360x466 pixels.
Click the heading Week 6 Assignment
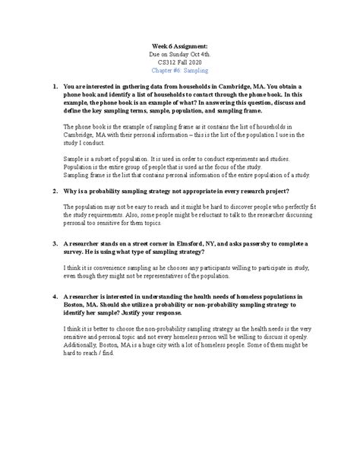179,46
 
